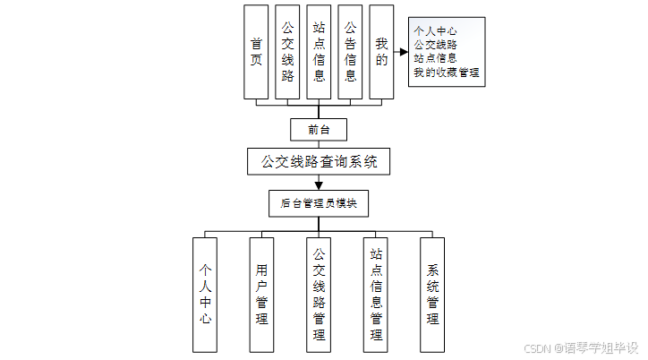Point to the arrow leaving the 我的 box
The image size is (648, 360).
pos(400,51)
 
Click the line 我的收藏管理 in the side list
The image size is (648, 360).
pos(447,72)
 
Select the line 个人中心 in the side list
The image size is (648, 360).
pos(436,30)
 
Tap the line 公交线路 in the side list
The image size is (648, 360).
pos(436,44)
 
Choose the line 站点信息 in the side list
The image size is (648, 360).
pos(436,58)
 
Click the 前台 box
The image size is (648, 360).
pos(319,129)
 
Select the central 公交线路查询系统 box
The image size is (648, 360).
pos(319,162)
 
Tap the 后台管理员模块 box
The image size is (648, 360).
pos(319,203)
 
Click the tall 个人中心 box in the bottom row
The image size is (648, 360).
pos(205,294)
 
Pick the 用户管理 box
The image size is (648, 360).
pos(261,294)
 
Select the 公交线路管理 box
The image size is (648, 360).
pos(319,294)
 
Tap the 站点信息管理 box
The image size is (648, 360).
pos(376,294)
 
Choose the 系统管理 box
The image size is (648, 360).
pos(432,294)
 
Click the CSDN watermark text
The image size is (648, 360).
pos(581,347)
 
